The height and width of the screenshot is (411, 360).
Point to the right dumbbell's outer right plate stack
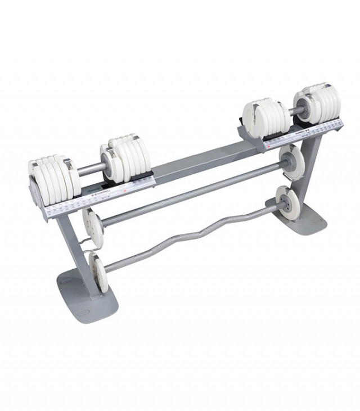point(323,101)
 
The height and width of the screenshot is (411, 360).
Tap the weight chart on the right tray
point(304,132)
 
